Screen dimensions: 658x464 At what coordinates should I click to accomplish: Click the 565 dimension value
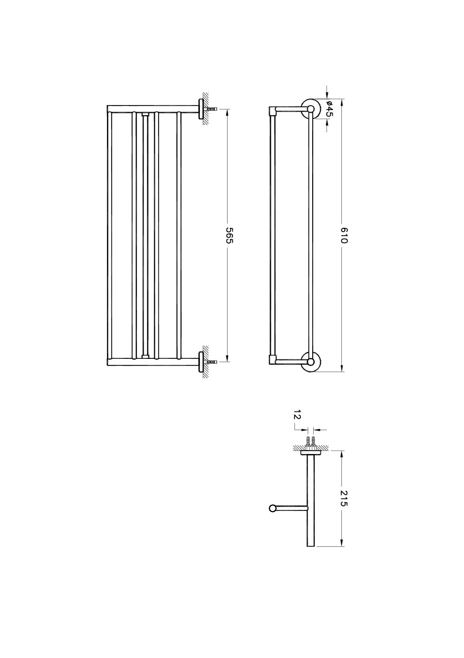tap(230, 235)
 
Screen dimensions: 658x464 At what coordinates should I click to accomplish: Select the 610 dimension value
tap(343, 235)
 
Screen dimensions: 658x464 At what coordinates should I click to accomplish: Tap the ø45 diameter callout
tap(329, 108)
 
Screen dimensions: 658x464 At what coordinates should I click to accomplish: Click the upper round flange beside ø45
tap(309, 108)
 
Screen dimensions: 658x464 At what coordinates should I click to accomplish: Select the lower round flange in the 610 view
tap(311, 362)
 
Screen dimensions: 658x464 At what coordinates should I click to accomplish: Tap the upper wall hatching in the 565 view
tap(204, 108)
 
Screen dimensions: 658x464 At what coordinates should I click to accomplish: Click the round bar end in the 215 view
tap(272, 508)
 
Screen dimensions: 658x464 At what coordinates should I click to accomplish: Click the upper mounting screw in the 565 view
tap(213, 109)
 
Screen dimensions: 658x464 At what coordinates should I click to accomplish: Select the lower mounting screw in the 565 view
tap(213, 362)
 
